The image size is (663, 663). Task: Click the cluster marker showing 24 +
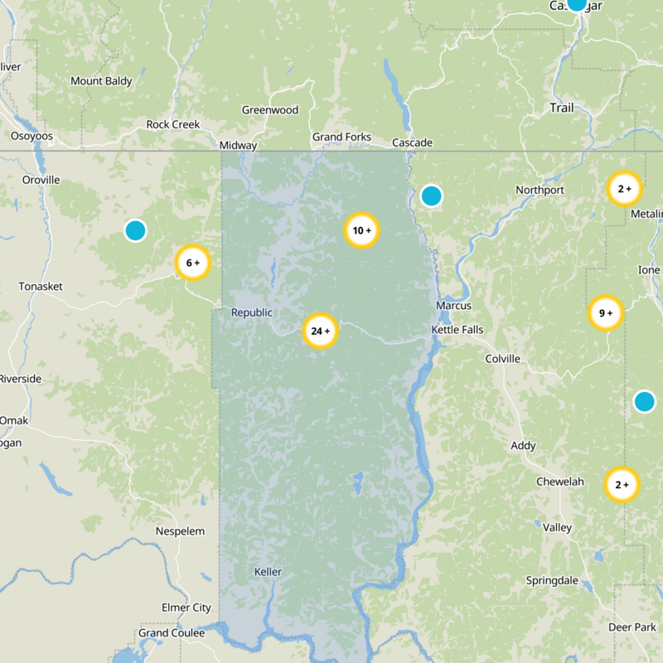point(320,331)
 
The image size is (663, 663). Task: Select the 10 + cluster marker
point(361,230)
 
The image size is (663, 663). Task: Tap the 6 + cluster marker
point(192,263)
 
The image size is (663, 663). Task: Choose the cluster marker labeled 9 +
point(605,313)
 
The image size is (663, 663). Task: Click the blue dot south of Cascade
point(431,196)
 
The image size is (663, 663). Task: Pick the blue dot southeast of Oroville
point(135,230)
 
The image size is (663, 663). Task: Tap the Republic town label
point(251,312)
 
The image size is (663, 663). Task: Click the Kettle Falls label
point(457,330)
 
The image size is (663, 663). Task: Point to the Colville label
point(502,359)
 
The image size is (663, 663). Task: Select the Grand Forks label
point(341,137)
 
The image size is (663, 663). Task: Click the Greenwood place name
point(269,110)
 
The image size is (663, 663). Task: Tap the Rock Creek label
point(173,124)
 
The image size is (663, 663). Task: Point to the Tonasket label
point(41,287)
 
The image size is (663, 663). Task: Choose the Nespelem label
point(180,530)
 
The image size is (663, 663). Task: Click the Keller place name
point(268,572)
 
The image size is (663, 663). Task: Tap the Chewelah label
point(559,482)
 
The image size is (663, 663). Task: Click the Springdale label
point(552,580)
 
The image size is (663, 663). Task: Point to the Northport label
point(540,190)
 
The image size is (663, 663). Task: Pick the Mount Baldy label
point(101,81)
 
